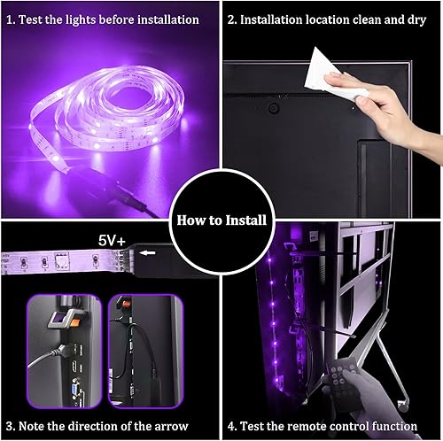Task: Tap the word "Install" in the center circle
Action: coord(242,220)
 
